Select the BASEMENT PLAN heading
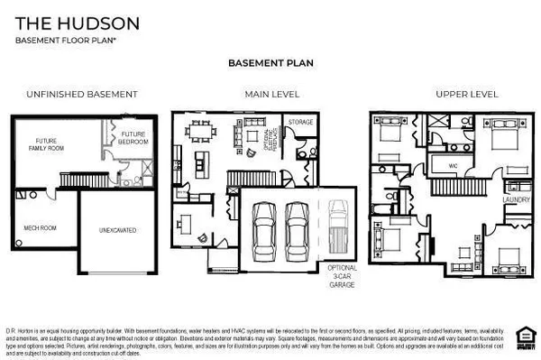[270, 65]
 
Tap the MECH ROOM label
[41, 227]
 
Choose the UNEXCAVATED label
[117, 230]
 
